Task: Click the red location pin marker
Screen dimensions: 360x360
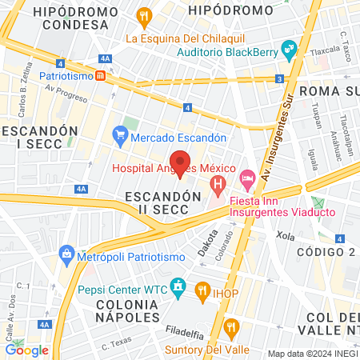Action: click(181, 162)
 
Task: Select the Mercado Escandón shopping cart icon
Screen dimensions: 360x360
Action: click(120, 136)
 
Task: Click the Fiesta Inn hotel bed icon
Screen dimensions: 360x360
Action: click(248, 174)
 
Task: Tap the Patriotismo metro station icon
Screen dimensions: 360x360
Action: click(100, 76)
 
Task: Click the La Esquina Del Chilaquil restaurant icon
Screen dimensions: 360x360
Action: click(144, 15)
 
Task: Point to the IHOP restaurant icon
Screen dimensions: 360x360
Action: click(202, 293)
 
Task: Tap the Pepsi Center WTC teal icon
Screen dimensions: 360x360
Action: click(177, 286)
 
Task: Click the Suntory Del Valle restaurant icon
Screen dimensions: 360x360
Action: click(231, 326)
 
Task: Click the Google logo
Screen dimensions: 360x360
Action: click(26, 349)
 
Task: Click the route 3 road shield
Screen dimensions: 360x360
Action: click(279, 78)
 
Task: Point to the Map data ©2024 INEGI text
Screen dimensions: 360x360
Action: click(311, 354)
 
